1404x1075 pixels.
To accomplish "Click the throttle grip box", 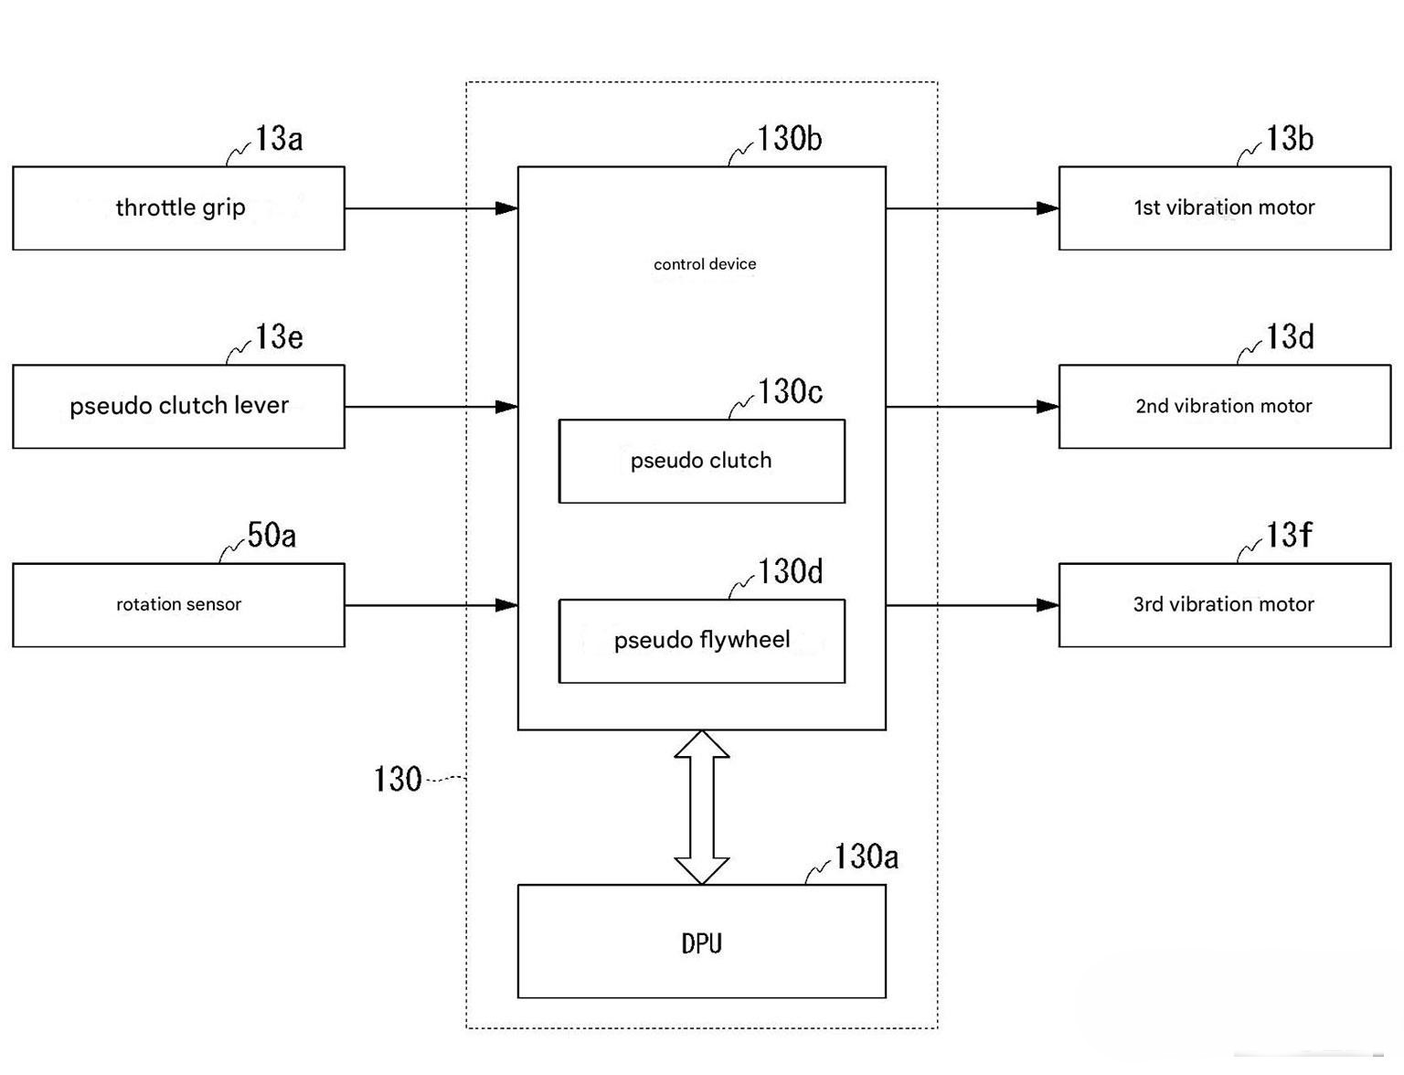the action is [178, 208].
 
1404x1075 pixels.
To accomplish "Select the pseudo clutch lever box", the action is [178, 407].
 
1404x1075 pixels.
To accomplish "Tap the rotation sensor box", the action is [178, 605].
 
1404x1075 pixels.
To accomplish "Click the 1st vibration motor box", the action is [1224, 208].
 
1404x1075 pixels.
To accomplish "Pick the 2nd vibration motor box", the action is [1224, 407].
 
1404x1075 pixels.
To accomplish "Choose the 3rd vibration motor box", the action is [1224, 605].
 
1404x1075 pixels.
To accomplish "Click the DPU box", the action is [702, 942].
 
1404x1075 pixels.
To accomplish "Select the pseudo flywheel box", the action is [702, 641].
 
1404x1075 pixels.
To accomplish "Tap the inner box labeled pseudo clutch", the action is [702, 461].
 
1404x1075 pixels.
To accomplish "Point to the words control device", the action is [704, 263].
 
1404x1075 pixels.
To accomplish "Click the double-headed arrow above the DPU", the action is [702, 807].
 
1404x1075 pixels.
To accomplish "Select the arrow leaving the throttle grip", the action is [431, 208].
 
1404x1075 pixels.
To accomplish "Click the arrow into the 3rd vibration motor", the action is [973, 605].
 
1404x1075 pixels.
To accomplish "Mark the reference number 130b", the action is [789, 138].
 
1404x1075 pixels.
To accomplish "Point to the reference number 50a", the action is [271, 535].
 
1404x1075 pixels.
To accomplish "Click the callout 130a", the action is [866, 856].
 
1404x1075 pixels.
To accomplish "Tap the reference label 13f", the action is [1288, 534].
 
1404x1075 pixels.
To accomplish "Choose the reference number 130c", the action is [790, 391].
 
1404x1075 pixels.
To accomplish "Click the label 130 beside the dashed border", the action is [398, 779].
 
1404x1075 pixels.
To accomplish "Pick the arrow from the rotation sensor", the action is [431, 605].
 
